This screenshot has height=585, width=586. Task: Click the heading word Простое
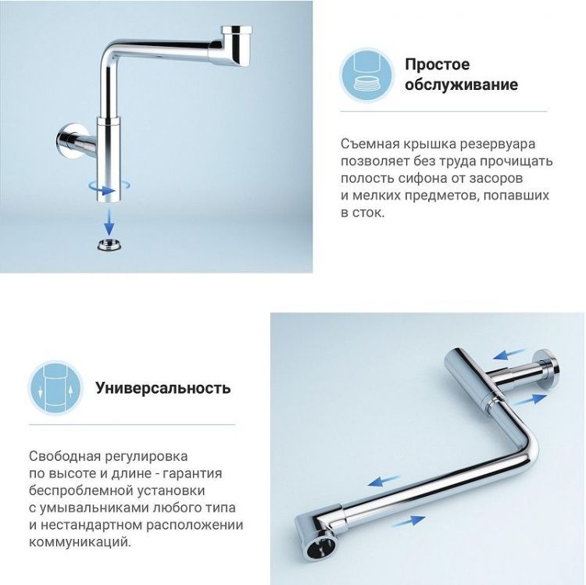(437, 64)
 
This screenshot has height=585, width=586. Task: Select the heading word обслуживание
(461, 85)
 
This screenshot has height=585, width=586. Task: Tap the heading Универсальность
(163, 387)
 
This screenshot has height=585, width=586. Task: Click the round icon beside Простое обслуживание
(367, 75)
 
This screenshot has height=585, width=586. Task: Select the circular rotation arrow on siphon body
(106, 187)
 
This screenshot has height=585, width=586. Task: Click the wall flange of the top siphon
(66, 141)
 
